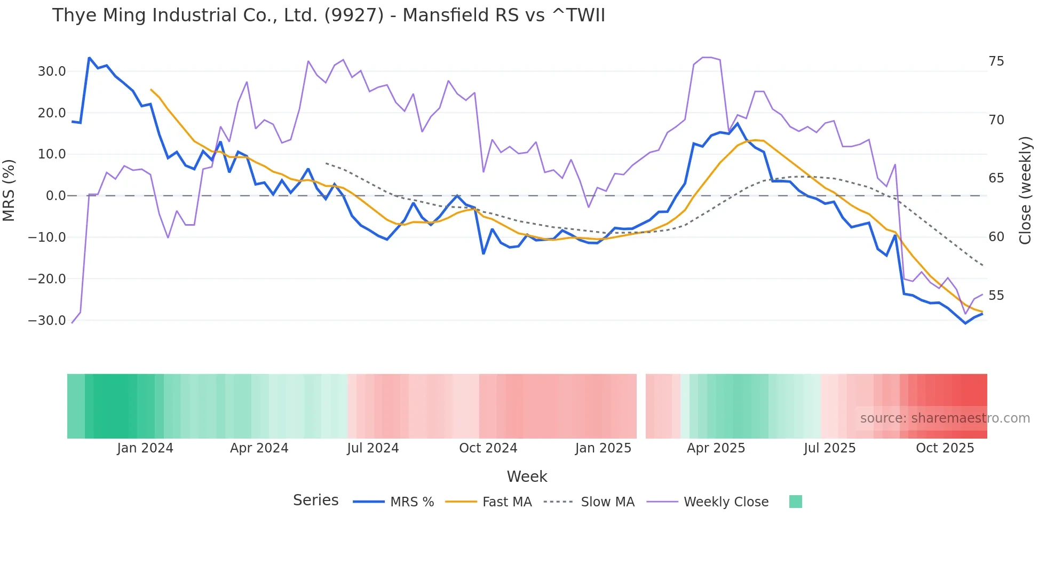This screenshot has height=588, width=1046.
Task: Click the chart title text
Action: click(x=328, y=15)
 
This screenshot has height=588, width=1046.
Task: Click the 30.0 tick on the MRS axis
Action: click(x=52, y=71)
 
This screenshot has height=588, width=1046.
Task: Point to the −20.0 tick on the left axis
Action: click(x=47, y=279)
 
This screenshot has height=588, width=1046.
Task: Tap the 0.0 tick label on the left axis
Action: click(x=56, y=196)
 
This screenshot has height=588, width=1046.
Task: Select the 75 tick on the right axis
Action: click(x=996, y=61)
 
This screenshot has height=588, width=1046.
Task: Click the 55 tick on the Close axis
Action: click(x=996, y=296)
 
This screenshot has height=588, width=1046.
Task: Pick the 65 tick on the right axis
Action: click(x=996, y=178)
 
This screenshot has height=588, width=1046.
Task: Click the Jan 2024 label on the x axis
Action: click(x=145, y=448)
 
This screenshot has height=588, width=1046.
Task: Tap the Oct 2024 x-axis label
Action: click(x=488, y=448)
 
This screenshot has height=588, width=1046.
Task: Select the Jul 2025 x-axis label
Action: click(x=829, y=448)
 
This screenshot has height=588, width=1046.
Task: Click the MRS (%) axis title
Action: click(x=9, y=190)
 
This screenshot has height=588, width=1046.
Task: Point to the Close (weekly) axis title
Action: click(x=1025, y=190)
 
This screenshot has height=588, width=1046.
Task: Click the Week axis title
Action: click(x=527, y=476)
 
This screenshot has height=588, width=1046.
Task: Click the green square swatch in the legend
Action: click(x=795, y=502)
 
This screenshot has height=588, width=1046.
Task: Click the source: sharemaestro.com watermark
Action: click(x=945, y=418)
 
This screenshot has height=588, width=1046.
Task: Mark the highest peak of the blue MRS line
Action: click(x=89, y=58)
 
